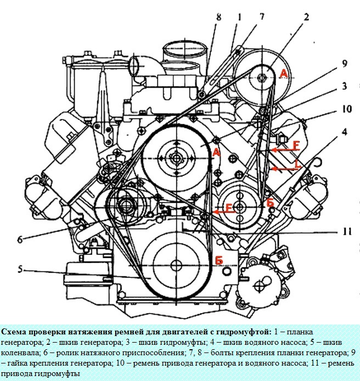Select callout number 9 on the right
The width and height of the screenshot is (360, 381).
(x=344, y=64)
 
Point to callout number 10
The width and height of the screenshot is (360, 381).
(x=346, y=109)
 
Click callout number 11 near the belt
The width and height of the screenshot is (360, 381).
(x=345, y=232)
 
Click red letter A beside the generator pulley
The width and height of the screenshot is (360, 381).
(x=283, y=73)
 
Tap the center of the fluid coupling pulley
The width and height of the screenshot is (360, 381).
(x=176, y=157)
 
